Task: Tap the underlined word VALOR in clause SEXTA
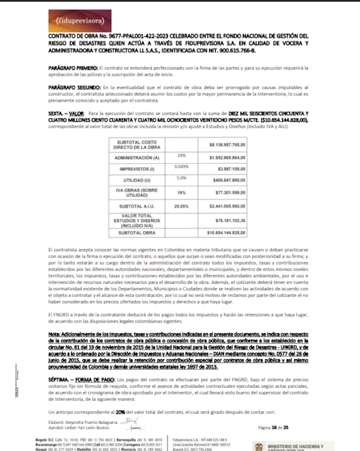(x=75, y=113)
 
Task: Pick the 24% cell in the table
(x=181, y=156)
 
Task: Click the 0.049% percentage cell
(x=182, y=167)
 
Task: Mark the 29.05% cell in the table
(x=181, y=206)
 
